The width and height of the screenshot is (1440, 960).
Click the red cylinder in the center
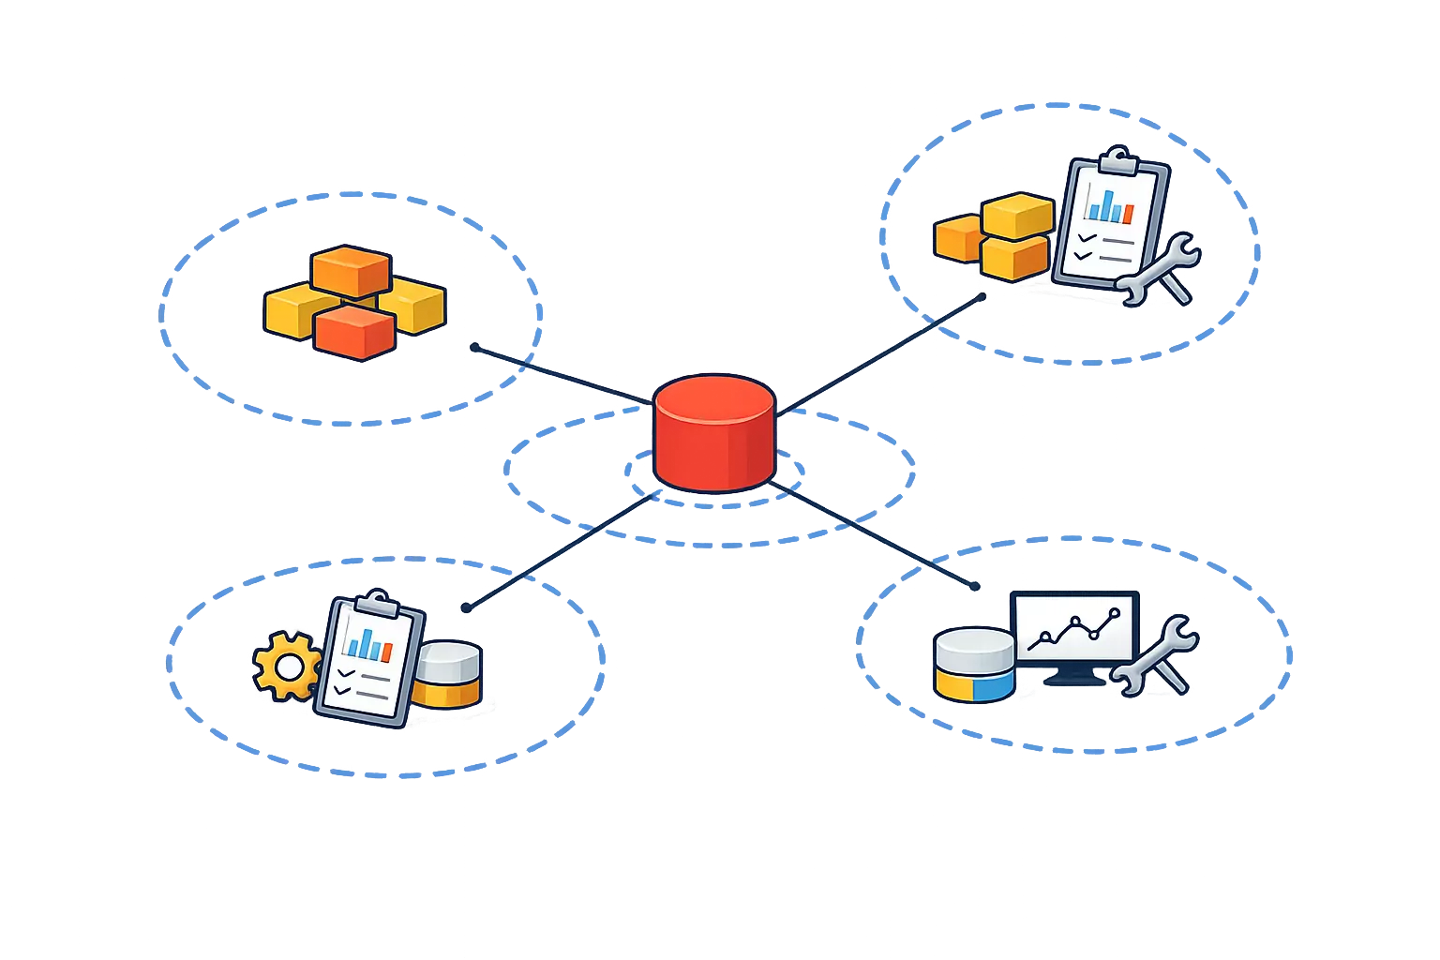click(x=714, y=432)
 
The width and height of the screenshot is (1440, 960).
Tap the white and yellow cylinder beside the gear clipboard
click(x=448, y=674)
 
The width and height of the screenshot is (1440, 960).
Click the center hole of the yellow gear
click(x=289, y=667)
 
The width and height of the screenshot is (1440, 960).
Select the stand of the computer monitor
click(x=1074, y=677)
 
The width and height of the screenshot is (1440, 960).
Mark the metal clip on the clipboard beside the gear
click(x=375, y=600)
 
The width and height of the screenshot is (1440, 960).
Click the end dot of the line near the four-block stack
click(x=474, y=347)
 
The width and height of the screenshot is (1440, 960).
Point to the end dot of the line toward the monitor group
click(x=975, y=586)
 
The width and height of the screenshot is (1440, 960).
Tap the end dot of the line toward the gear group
click(x=466, y=607)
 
